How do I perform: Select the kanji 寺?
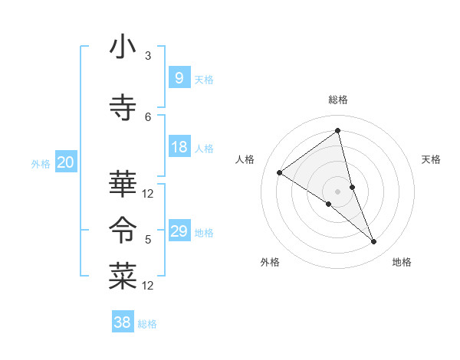(x=122, y=108)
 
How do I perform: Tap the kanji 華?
(x=122, y=184)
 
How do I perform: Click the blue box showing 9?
(x=179, y=78)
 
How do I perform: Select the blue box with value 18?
(x=179, y=147)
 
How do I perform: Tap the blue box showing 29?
(x=179, y=231)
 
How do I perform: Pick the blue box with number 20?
(x=65, y=162)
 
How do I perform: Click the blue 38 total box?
(x=122, y=322)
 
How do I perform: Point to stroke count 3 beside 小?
(x=148, y=56)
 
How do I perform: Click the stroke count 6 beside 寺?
(x=148, y=116)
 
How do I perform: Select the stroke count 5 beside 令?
(x=148, y=240)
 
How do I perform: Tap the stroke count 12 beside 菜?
(x=148, y=286)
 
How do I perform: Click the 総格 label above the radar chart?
(x=338, y=100)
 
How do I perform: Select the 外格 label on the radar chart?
(x=270, y=262)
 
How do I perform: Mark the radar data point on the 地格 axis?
(x=374, y=242)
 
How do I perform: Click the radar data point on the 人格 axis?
(x=279, y=172)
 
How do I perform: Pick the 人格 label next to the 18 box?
(x=204, y=148)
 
